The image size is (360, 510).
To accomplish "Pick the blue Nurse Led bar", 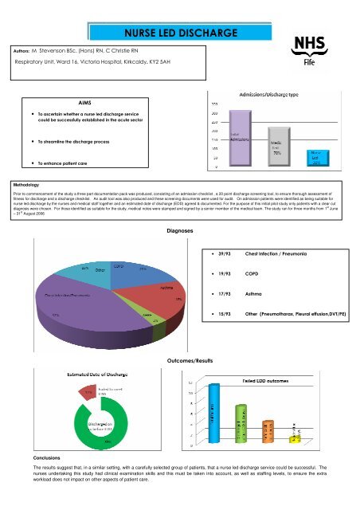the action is (315, 159).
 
